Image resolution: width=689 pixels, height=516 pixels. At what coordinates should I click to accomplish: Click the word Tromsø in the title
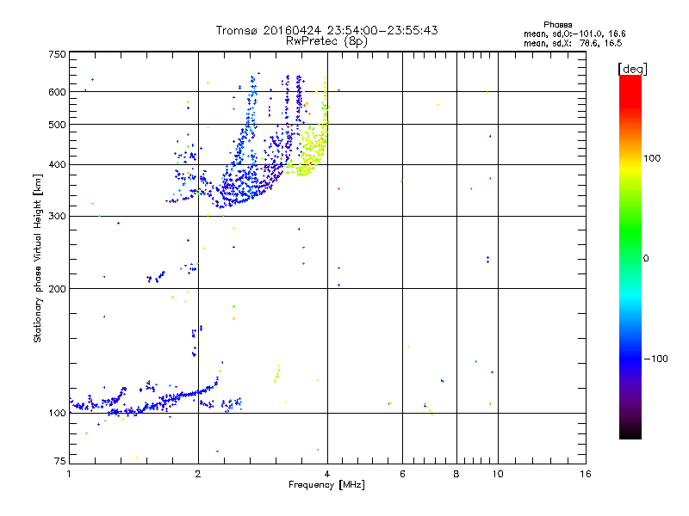tap(237, 30)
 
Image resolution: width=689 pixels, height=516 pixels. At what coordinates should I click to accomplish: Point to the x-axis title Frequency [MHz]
tap(326, 485)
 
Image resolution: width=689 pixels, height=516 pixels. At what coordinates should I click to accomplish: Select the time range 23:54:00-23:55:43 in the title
tap(382, 30)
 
